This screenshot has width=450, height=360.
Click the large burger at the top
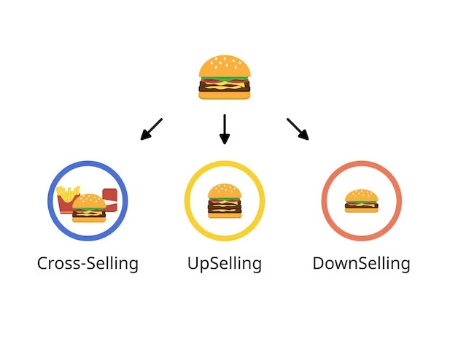pos(225,77)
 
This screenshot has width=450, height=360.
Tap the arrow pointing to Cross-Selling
pos(152,129)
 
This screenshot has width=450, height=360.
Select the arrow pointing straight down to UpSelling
pos(225,129)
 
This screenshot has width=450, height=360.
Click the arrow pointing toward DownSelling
pos(298,129)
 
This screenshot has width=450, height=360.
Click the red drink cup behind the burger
pos(110,198)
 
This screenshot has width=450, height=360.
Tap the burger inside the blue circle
pos(89,208)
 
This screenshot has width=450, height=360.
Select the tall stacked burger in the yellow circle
pos(225,201)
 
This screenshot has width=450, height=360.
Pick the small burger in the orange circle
pos(361,201)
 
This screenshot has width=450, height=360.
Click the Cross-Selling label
pos(88,263)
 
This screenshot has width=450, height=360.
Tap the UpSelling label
pos(225,263)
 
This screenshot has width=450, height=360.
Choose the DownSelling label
pos(361,263)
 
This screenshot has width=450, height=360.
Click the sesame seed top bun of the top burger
pos(225,66)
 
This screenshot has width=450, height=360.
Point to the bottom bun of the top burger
pos(225,95)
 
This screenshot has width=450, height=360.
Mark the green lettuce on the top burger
pos(225,78)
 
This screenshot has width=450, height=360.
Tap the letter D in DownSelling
pos(319,263)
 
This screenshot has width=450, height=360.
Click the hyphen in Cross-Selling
pos(82,265)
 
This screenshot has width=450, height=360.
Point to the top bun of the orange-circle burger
pos(361,195)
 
